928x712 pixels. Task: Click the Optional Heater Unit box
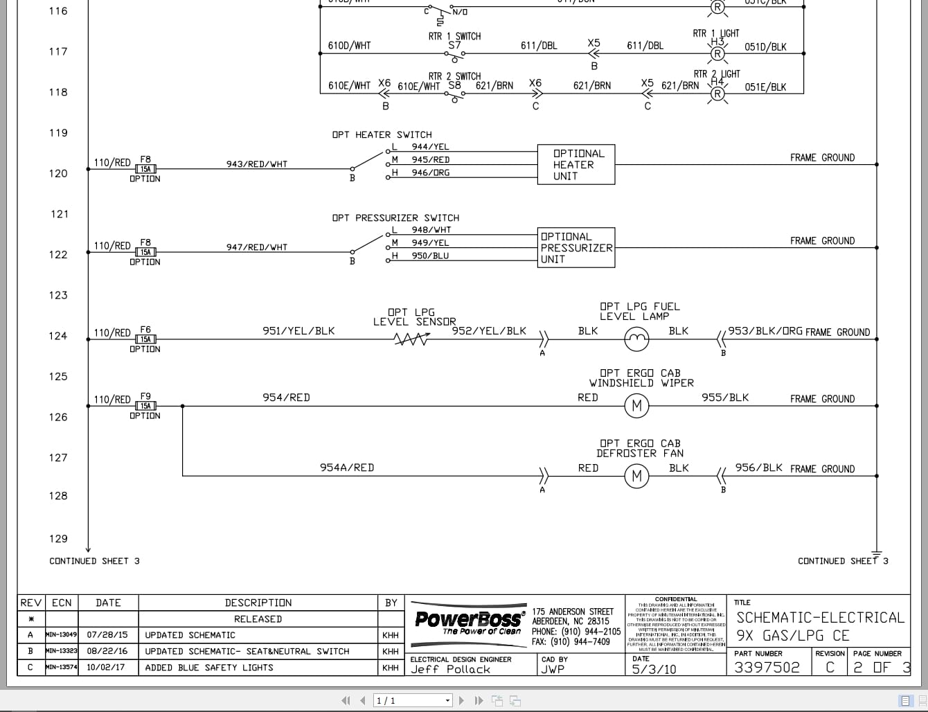(576, 165)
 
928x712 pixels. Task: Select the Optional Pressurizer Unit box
(576, 248)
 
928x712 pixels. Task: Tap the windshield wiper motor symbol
(636, 406)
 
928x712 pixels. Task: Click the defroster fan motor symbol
(636, 476)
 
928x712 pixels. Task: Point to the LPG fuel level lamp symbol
(636, 339)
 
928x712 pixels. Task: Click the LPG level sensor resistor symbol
(411, 339)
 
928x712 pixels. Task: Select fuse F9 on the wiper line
(145, 406)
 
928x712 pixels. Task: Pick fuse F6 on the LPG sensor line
(145, 339)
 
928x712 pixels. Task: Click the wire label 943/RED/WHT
(256, 164)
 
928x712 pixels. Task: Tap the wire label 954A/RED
(346, 468)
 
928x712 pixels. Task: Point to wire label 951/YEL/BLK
(298, 331)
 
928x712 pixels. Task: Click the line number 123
(58, 295)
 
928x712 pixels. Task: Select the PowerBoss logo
(468, 619)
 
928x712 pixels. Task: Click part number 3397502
(767, 667)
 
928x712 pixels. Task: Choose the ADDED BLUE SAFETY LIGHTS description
(209, 668)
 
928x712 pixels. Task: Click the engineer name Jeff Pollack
(450, 670)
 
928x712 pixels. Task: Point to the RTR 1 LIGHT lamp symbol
(717, 53)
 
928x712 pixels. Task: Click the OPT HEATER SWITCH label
(382, 134)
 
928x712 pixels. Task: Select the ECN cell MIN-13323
(62, 651)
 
